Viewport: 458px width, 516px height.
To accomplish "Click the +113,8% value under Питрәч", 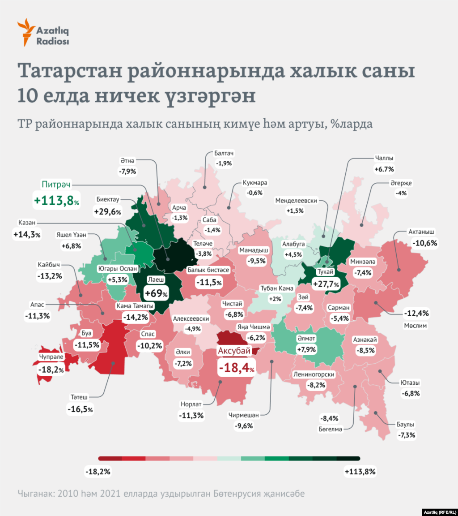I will pos(57,200).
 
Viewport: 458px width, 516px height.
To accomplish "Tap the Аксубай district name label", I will pos(234,351).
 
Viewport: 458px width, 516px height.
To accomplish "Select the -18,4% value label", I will pos(237,368).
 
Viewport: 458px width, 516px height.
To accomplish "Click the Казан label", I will pos(27,223).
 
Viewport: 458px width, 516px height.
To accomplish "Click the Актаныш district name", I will pos(421,232).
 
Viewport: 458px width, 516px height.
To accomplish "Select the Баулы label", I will pos(405,424).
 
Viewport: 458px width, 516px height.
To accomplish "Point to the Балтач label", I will pos(224,153).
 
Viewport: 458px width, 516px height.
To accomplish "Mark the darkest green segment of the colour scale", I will pos(348,458).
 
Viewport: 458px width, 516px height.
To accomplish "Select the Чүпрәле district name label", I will pos(53,357).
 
